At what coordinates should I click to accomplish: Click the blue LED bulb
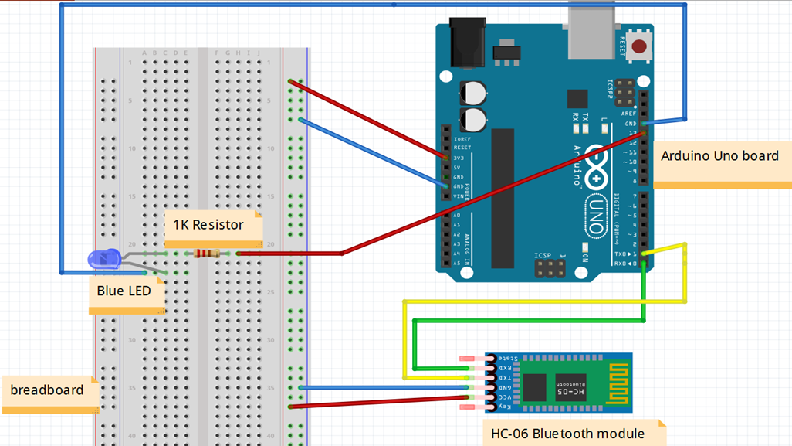103,259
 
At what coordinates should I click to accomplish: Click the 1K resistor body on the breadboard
207,253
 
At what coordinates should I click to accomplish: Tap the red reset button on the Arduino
638,46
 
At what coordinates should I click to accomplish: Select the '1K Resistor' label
208,225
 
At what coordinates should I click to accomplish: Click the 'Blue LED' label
124,291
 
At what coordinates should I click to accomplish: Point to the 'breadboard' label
47,390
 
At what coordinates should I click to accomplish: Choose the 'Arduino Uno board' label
719,155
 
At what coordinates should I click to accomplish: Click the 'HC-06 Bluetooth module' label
567,434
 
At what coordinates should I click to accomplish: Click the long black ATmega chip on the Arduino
502,198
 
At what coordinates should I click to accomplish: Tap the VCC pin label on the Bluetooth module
503,396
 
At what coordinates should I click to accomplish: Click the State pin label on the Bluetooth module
506,359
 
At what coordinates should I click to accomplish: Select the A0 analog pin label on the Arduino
457,216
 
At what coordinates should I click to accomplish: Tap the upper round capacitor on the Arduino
474,93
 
